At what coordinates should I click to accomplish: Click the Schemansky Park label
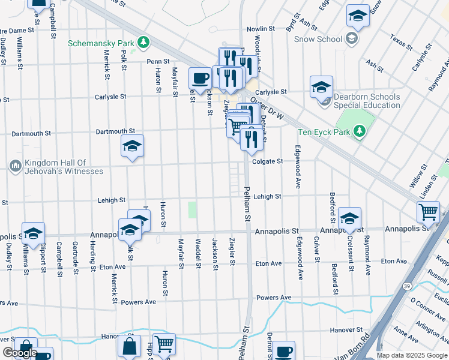[100, 43]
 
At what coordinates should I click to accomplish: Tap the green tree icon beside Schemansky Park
[143, 42]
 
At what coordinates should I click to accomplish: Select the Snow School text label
[318, 39]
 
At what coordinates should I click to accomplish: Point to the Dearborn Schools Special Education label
[367, 101]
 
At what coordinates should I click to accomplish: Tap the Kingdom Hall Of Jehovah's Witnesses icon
[15, 164]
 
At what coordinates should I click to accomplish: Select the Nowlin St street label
[261, 28]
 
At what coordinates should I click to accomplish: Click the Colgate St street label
[267, 161]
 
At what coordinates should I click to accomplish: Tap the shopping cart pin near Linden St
[428, 211]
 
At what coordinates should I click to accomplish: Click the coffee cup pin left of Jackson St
[200, 77]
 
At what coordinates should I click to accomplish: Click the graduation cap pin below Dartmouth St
[132, 146]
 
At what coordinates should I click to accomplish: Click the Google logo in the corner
[20, 353]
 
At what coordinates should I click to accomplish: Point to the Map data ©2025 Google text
[411, 355]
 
